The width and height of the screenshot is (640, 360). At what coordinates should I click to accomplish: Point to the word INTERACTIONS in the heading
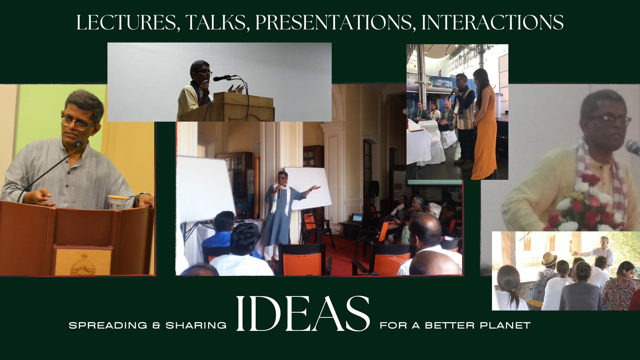[x=493, y=23]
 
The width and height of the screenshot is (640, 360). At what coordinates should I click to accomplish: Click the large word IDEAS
[x=303, y=314]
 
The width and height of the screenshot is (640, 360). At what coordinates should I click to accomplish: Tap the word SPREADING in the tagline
[x=108, y=325]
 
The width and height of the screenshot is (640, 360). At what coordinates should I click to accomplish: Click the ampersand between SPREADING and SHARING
[x=156, y=325]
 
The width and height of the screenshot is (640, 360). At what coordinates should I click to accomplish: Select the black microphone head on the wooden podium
[x=220, y=78]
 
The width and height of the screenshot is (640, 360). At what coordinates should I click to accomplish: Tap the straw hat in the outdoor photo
[x=549, y=259]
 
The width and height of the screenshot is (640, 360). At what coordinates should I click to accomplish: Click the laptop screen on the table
[x=357, y=218]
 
